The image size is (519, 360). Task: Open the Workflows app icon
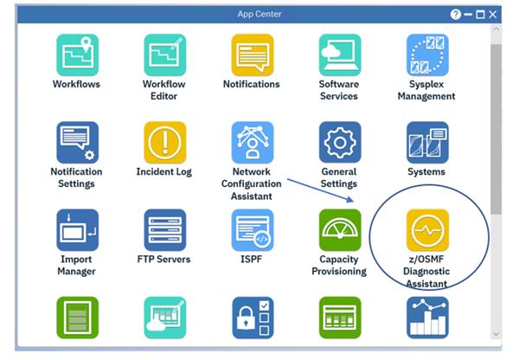(x=76, y=55)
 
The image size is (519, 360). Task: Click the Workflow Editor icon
(x=164, y=55)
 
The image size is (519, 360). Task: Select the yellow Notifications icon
(x=252, y=55)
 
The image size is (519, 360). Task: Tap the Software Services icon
(x=339, y=55)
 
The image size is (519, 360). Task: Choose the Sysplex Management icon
(x=426, y=55)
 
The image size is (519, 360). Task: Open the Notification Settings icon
(x=76, y=142)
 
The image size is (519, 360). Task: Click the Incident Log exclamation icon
(x=164, y=142)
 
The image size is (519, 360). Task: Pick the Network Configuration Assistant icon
(x=252, y=142)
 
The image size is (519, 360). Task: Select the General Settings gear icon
(x=339, y=142)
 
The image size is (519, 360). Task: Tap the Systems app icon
(x=426, y=142)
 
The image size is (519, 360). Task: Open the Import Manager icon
(x=76, y=229)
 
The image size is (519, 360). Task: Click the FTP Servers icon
(x=164, y=229)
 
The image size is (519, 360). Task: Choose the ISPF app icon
(x=252, y=229)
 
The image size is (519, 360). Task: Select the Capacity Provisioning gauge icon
(x=339, y=229)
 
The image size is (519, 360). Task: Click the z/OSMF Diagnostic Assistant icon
(x=427, y=230)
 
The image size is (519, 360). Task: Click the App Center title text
(x=259, y=15)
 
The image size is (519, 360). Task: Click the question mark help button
(x=455, y=15)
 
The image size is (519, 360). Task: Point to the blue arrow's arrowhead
(x=352, y=201)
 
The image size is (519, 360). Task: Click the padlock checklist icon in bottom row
(x=252, y=317)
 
